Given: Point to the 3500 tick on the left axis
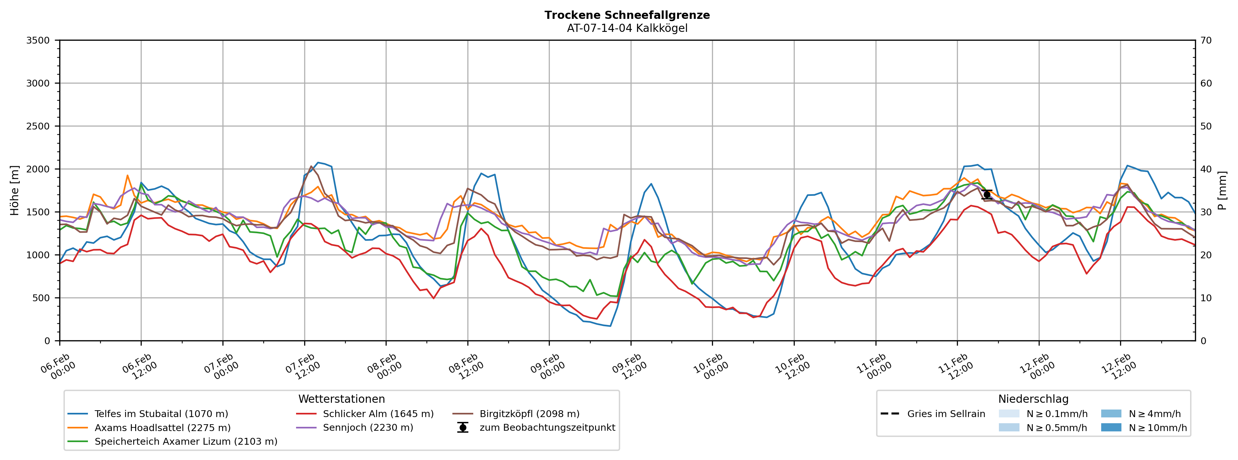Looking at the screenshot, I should (38, 40).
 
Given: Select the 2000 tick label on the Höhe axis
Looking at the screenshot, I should (38, 169).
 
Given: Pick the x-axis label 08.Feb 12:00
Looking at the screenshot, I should (464, 367).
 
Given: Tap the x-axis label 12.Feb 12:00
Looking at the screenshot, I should (1117, 367).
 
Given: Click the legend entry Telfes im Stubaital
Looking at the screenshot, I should (161, 414).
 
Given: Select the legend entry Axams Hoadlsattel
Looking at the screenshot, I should (163, 428).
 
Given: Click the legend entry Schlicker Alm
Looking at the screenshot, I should (378, 414).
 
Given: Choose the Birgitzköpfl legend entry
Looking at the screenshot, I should (529, 414).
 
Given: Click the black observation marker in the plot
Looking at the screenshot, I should (987, 195).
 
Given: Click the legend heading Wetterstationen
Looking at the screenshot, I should (341, 399).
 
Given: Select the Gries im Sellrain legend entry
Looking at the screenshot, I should (946, 414).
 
